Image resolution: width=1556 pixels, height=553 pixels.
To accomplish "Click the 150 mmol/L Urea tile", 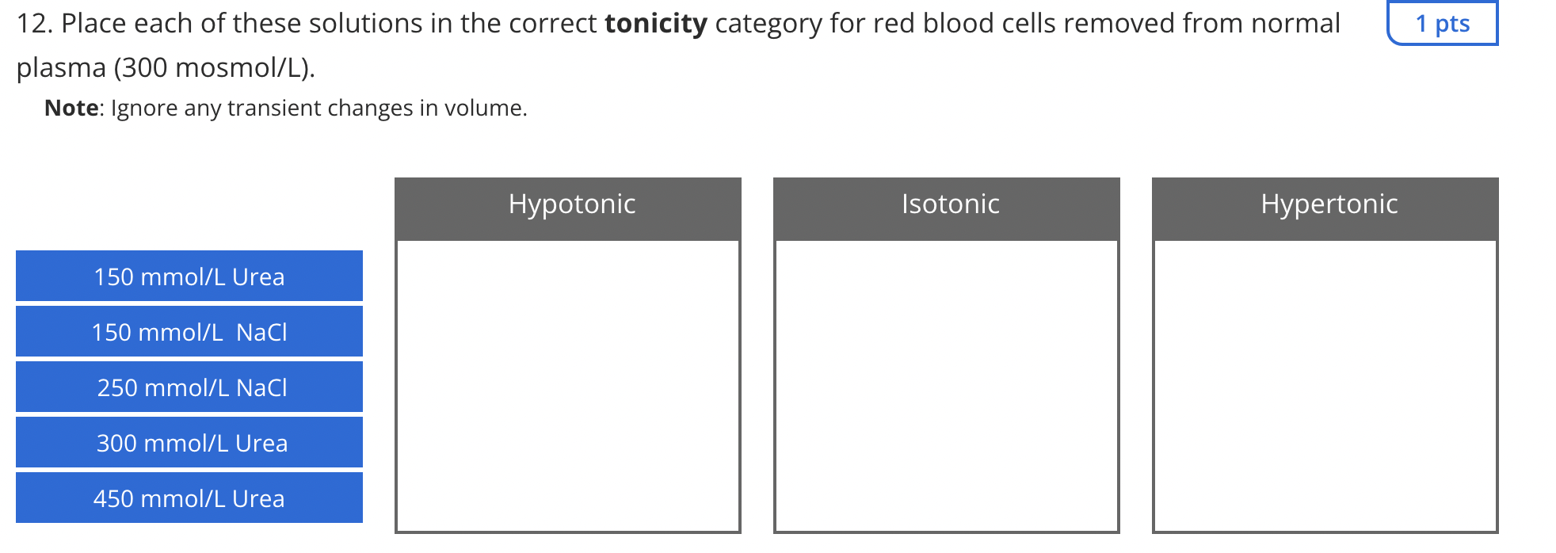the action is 189,276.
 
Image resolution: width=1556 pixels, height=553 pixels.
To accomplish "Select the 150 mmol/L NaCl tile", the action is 189,331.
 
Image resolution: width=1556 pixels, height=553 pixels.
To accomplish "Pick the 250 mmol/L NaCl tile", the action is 189,387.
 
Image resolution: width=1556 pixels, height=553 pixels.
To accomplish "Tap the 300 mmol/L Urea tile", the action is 189,442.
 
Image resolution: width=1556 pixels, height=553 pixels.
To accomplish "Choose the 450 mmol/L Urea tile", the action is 189,498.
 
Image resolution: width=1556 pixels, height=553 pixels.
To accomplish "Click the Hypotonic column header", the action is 568,208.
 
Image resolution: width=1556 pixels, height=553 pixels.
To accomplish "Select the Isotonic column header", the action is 947,208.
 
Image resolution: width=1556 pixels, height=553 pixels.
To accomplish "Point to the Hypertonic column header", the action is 1325,208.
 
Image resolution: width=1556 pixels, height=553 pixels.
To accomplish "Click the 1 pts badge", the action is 1443,23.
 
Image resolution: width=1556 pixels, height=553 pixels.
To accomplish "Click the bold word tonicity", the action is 656,24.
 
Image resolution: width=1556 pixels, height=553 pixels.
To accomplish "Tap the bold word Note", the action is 71,108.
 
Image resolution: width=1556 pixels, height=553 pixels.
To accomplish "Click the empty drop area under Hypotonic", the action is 568,386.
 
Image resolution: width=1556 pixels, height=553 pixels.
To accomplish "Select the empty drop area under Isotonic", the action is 947,386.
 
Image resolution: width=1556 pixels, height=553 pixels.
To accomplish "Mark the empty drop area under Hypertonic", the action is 1325,386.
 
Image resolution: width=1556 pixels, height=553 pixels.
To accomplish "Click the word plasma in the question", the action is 61,69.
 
